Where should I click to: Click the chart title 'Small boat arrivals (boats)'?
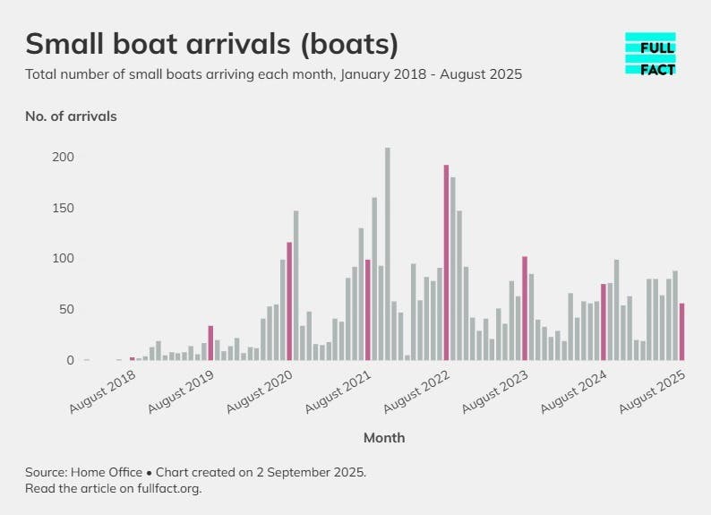211,44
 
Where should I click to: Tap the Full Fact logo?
650,54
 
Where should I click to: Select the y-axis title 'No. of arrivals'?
71,116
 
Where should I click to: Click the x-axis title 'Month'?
384,438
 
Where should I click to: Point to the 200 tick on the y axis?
63,158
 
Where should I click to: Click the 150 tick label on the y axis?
63,209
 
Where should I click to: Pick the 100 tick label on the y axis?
63,259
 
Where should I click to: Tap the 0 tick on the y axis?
70,360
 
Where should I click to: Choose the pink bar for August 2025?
681,331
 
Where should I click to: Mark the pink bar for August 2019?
210,343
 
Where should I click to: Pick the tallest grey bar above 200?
388,253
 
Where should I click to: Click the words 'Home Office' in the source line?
109,472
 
